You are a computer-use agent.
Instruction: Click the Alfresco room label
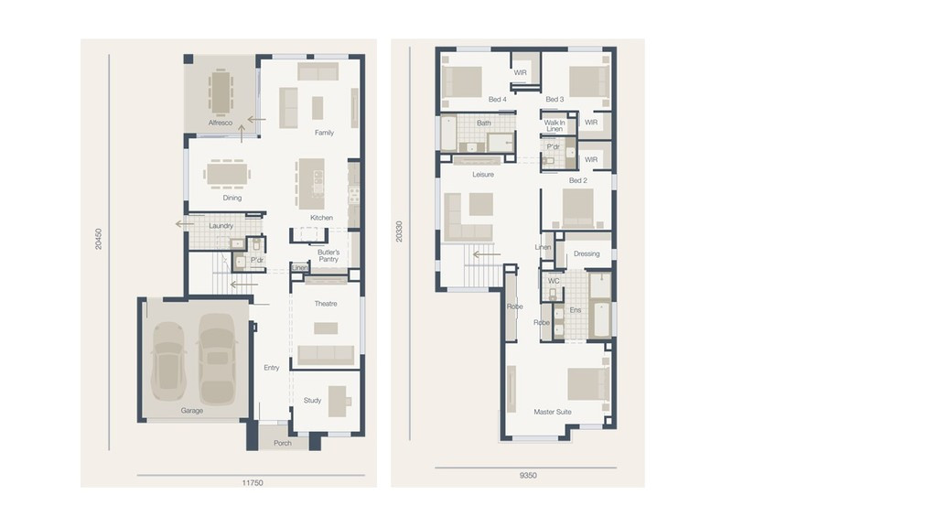point(221,123)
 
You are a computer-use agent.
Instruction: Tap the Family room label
point(324,133)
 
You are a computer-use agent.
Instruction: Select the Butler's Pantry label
point(328,255)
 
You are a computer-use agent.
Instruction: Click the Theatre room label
point(326,304)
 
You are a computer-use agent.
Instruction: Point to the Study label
point(312,401)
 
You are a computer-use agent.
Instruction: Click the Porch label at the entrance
point(283,444)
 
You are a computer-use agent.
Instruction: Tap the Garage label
point(192,411)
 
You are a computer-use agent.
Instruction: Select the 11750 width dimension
point(252,483)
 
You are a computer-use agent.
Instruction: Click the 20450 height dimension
point(99,239)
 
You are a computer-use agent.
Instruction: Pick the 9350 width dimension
point(527,476)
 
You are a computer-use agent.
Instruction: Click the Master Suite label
point(552,412)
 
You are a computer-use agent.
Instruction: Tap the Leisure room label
point(483,174)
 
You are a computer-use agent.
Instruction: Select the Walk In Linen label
point(555,126)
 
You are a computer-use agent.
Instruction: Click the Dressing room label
point(587,254)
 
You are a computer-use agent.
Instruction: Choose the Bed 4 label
point(497,99)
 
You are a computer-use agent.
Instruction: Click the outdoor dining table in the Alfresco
point(221,91)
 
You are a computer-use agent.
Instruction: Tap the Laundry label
point(221,226)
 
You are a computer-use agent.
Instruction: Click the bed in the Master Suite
point(588,383)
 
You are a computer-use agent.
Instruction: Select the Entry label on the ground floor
point(272,368)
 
